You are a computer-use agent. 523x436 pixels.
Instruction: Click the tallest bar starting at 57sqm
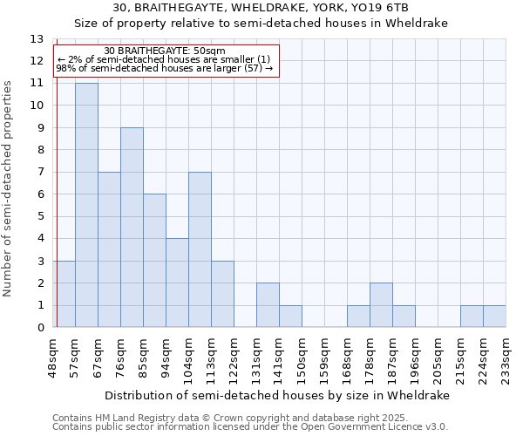click(x=86, y=205)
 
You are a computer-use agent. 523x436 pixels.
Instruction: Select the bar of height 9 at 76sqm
click(x=132, y=228)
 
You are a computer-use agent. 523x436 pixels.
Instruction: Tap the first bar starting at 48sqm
click(x=64, y=294)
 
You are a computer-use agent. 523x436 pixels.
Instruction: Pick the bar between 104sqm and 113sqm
click(x=200, y=249)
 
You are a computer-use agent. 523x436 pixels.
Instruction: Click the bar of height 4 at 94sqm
click(x=177, y=283)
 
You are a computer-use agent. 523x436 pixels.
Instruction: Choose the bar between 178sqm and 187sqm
click(x=381, y=305)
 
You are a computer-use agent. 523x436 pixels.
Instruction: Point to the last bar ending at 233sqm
click(x=494, y=317)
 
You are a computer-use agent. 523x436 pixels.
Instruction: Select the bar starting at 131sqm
click(x=268, y=305)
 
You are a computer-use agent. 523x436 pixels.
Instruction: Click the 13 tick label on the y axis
click(x=37, y=39)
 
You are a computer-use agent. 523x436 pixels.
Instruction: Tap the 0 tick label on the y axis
click(x=40, y=328)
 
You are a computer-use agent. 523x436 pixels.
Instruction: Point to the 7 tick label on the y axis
click(x=40, y=173)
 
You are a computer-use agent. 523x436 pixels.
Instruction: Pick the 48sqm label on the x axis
click(x=53, y=358)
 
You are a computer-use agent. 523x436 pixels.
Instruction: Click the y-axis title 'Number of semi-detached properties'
click(x=9, y=187)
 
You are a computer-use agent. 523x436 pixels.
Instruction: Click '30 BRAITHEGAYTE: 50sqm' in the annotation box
click(x=165, y=51)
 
